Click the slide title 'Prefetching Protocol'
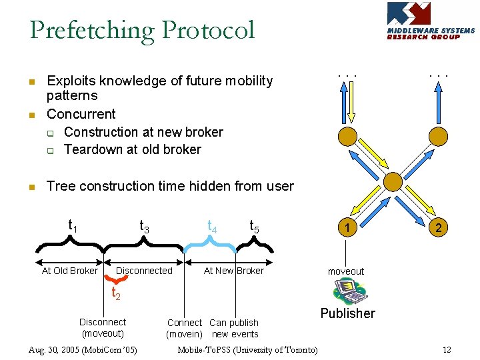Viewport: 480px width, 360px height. pos(142,30)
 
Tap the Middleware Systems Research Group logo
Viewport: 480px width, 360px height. pos(431,21)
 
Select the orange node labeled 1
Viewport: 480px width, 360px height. pos(346,228)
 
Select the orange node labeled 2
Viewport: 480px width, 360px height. pos(438,228)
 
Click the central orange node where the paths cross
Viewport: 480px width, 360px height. pos(393,181)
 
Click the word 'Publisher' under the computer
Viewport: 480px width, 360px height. pos(347,313)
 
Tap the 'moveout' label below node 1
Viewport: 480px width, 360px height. pos(345,271)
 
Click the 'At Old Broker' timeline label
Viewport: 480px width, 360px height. pos(69,271)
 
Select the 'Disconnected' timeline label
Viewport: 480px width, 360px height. pos(144,271)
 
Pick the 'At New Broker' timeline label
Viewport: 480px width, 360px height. pos(233,271)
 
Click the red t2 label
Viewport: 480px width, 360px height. pos(115,293)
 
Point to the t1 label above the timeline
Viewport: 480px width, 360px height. pos(73,226)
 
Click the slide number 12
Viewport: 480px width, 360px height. pos(447,350)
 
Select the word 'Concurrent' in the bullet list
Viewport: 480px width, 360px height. pos(81,114)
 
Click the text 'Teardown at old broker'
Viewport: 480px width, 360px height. pos(132,149)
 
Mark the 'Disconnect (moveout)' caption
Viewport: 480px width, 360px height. pos(103,328)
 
